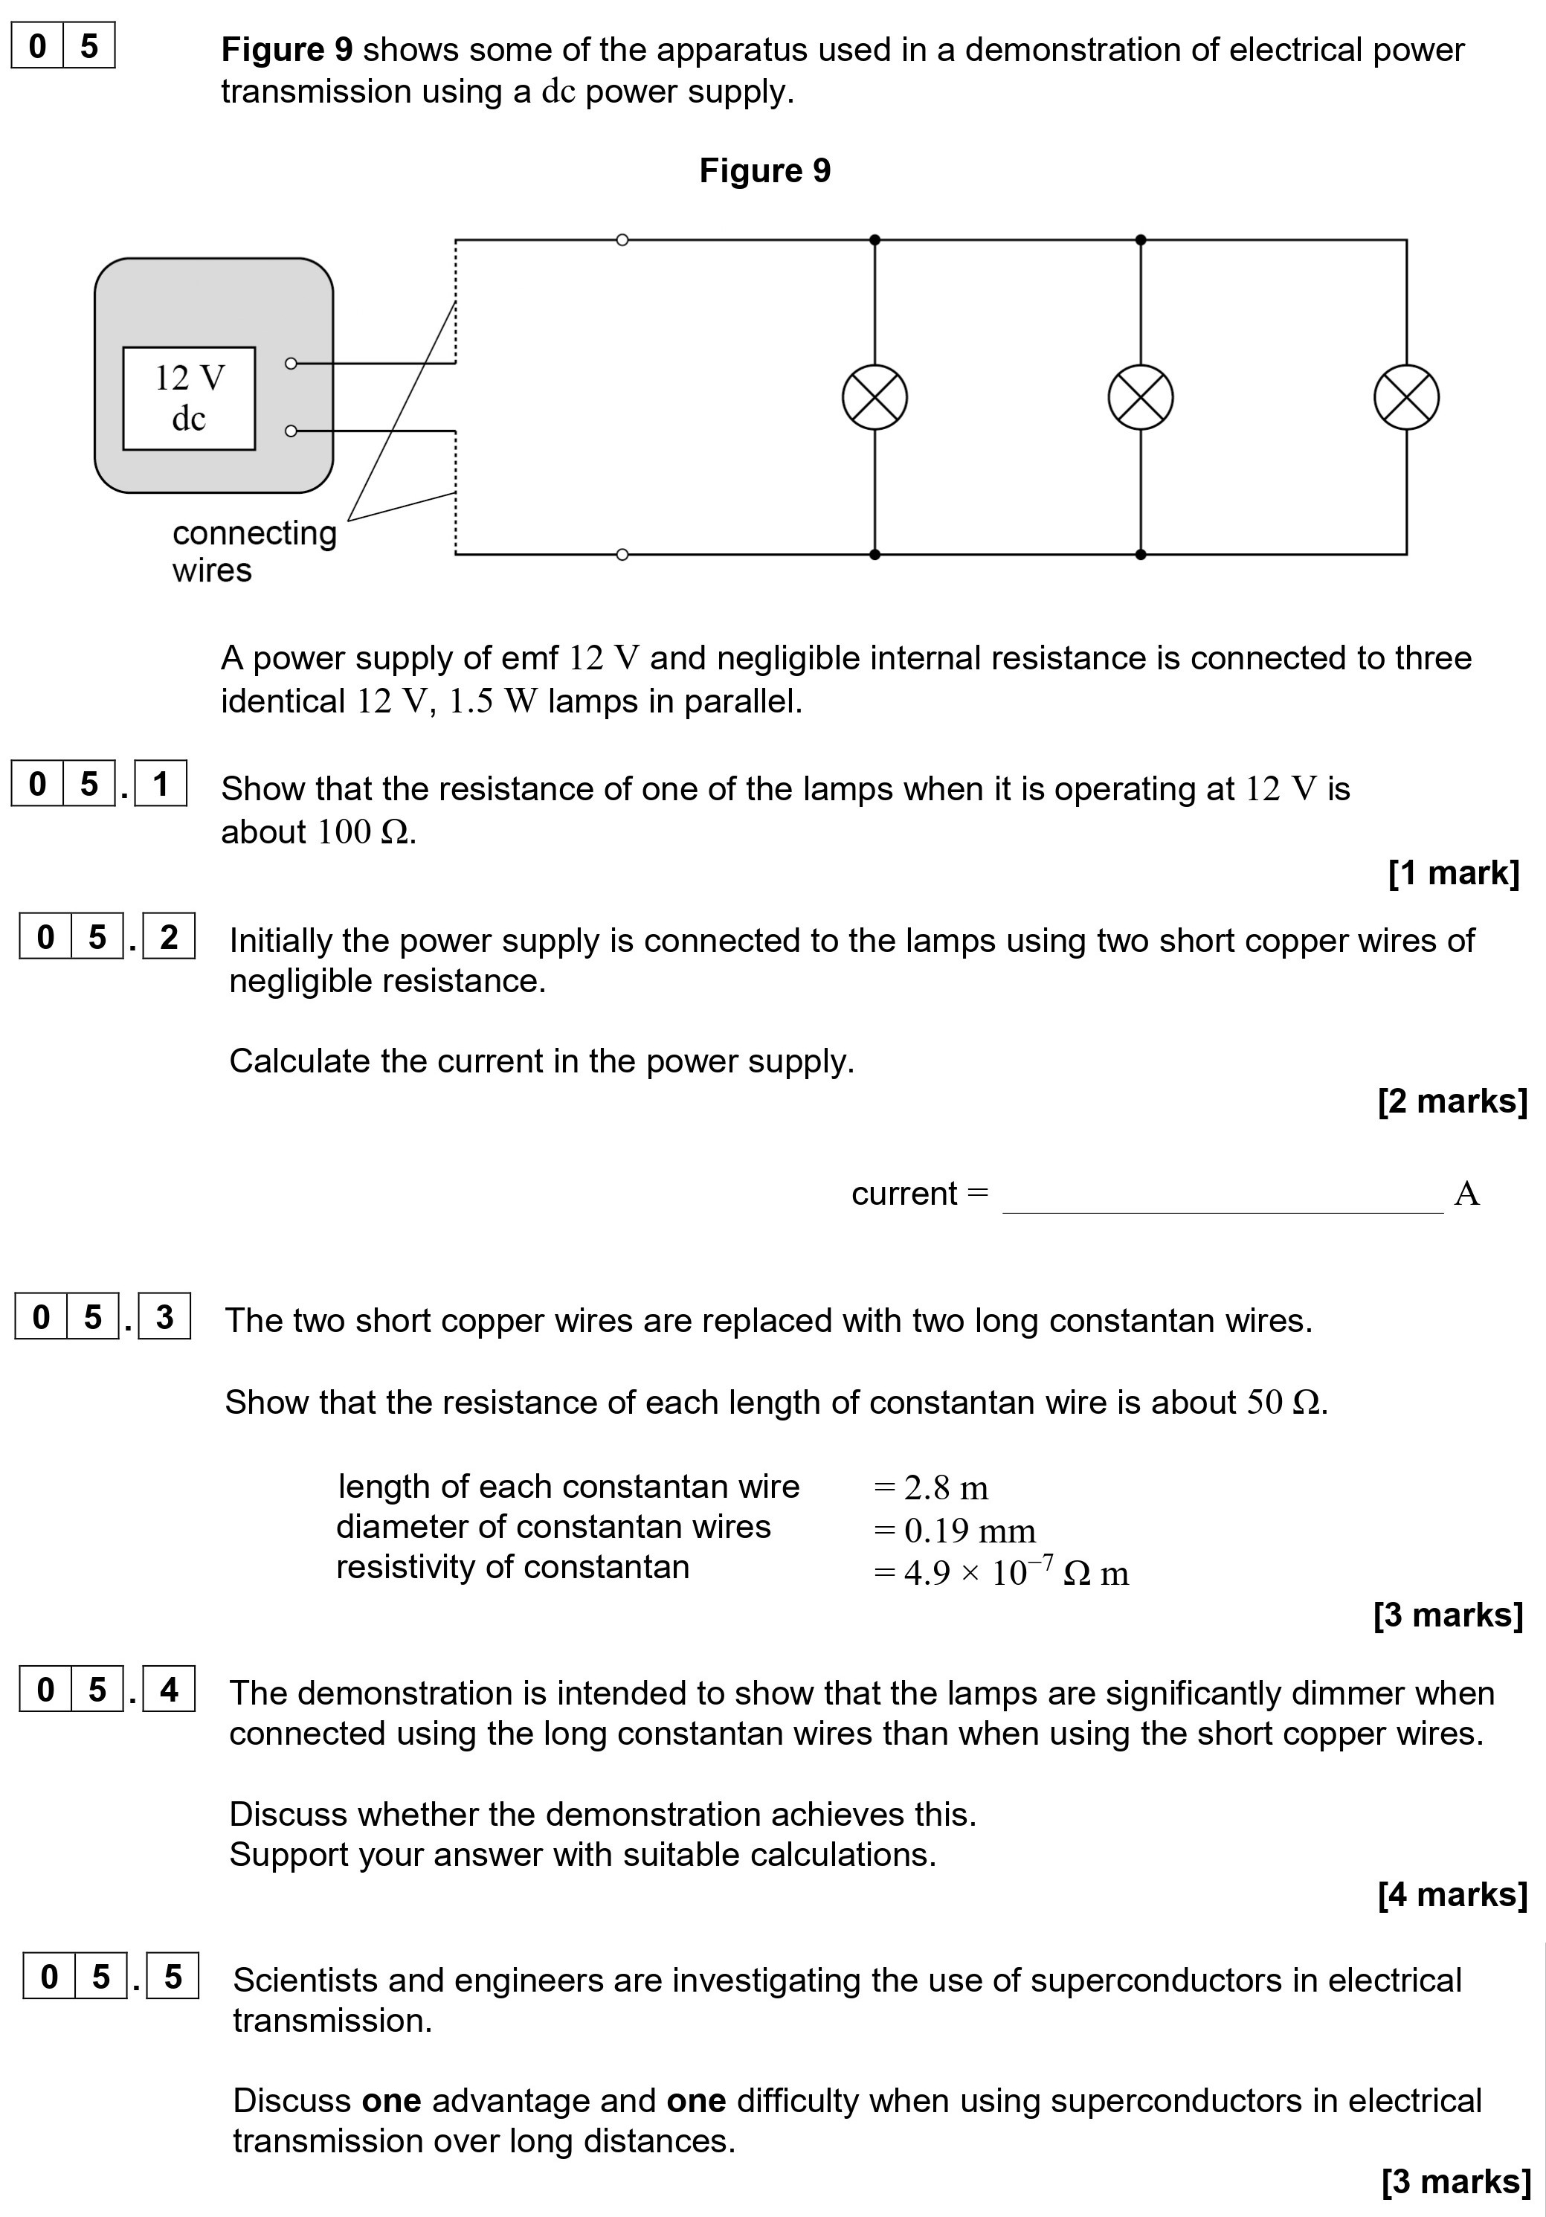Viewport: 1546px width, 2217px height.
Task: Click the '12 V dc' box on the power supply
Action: [190, 398]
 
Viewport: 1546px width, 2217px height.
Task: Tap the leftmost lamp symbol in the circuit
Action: [875, 398]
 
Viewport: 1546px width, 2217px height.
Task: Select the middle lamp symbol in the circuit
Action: [1141, 398]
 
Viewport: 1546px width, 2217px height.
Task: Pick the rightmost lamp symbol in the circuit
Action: [1406, 398]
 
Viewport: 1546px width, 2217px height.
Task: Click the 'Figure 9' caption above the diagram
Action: [764, 171]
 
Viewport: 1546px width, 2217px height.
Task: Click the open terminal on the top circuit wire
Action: [622, 239]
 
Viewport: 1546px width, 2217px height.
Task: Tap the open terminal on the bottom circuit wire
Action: [622, 554]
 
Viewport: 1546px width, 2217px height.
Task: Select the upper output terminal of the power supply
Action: [291, 363]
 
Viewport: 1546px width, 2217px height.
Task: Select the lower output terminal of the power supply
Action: [291, 431]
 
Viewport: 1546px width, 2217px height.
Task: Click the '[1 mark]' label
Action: [1453, 873]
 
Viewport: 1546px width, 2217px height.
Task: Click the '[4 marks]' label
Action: [1452, 1894]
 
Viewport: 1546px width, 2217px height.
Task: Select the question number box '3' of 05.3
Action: [164, 1317]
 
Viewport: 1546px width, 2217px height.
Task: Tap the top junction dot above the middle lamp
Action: [1141, 239]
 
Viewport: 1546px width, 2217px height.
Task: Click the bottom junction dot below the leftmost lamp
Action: [875, 554]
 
